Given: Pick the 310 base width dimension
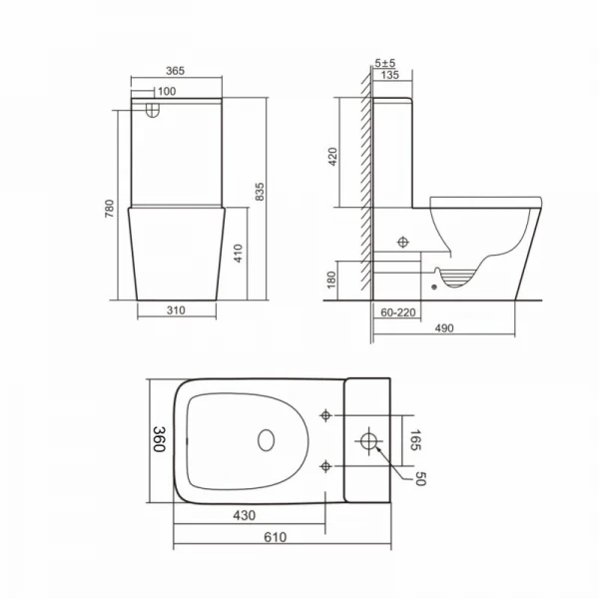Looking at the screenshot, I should point(178,309).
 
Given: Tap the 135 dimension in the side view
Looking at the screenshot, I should point(389,75).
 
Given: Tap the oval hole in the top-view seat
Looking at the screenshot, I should point(268,439).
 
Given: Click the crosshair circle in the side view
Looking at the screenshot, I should point(402,242).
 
